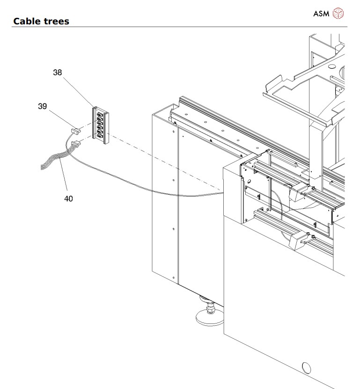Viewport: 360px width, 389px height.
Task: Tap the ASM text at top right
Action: (322, 14)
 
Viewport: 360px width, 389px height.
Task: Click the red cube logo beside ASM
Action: (338, 14)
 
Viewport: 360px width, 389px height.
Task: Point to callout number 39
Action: (43, 106)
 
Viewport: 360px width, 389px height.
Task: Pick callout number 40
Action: (68, 198)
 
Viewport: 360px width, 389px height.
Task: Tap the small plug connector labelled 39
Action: (75, 132)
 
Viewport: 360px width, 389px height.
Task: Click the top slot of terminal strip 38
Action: (100, 113)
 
